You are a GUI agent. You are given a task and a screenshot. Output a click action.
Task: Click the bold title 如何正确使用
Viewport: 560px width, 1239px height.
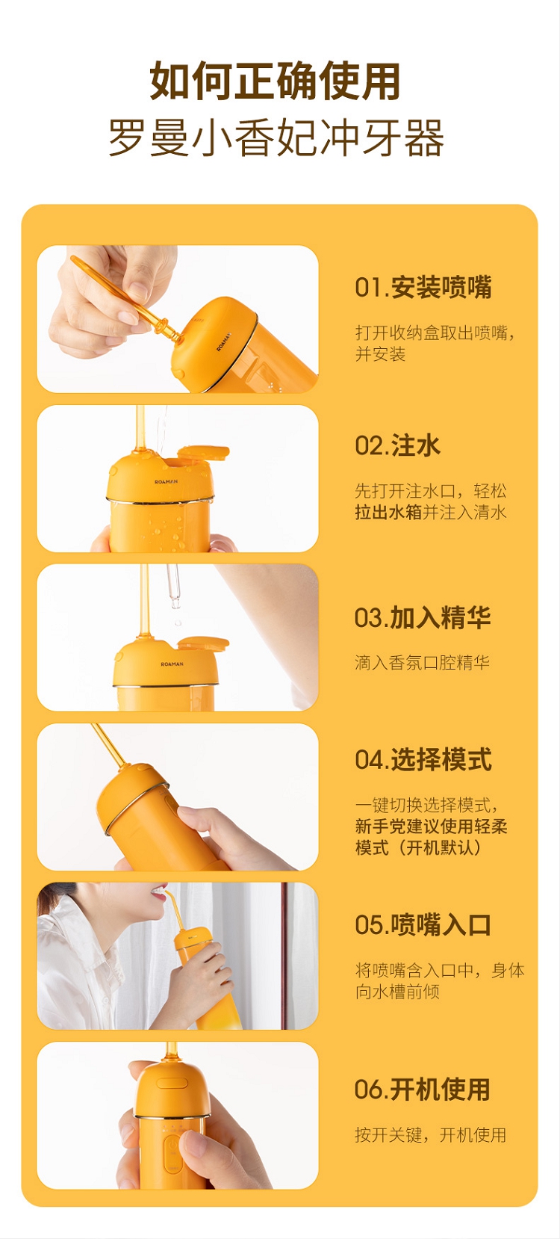pyautogui.click(x=275, y=81)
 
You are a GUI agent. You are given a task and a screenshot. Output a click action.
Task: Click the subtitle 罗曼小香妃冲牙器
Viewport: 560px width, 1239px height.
pyautogui.click(x=276, y=138)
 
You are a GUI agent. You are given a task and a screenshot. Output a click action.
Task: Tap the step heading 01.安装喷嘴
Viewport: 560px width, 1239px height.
pyautogui.click(x=423, y=288)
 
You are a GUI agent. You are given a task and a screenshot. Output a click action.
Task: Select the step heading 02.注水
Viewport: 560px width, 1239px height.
pyautogui.click(x=397, y=445)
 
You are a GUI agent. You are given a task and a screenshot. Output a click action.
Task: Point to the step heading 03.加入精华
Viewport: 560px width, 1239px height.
pyautogui.click(x=423, y=617)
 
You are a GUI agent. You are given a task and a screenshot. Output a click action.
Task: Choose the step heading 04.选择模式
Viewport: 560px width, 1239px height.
pyautogui.click(x=423, y=759)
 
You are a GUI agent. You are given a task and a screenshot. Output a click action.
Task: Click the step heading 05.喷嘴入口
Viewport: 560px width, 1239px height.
pyautogui.click(x=423, y=925)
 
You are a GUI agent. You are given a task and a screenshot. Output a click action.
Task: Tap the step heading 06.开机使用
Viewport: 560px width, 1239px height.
pyautogui.click(x=423, y=1090)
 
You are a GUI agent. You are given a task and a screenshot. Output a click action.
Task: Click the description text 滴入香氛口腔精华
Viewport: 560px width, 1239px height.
pyautogui.click(x=423, y=663)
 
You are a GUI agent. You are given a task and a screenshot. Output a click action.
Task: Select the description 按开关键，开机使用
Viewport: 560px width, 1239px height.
pyautogui.click(x=431, y=1135)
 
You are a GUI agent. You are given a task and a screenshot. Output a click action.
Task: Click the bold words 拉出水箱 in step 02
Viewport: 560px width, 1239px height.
pyautogui.click(x=388, y=512)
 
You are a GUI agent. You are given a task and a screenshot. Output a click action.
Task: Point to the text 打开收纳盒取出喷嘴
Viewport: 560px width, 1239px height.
pyautogui.click(x=431, y=333)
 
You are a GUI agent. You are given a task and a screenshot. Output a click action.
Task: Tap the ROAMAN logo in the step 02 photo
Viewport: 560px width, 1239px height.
pyautogui.click(x=166, y=482)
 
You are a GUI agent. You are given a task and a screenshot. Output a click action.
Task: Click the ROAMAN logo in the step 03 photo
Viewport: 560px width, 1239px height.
pyautogui.click(x=172, y=664)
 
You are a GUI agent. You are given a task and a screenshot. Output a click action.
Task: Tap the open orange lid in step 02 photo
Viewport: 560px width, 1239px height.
pyautogui.click(x=204, y=452)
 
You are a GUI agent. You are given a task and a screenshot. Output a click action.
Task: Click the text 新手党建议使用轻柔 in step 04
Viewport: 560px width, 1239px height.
pyautogui.click(x=431, y=826)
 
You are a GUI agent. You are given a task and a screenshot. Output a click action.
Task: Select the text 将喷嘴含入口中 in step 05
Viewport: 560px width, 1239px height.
pyautogui.click(x=414, y=970)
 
